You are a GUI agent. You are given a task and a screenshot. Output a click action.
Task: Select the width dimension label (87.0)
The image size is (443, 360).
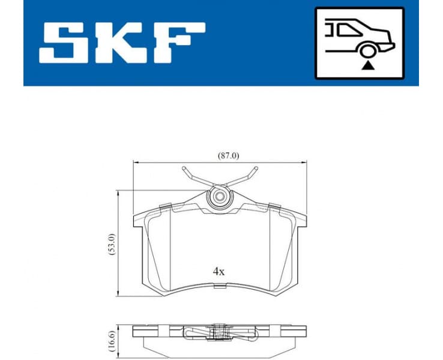click(228, 155)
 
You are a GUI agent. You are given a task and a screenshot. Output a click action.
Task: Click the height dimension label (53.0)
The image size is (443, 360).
click(110, 244)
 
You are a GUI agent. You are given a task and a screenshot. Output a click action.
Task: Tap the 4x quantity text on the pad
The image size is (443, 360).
click(219, 271)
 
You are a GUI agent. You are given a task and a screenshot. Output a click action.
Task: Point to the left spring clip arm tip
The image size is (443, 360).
click(185, 169)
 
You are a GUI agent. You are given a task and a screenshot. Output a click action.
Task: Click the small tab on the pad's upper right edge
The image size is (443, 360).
click(277, 207)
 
